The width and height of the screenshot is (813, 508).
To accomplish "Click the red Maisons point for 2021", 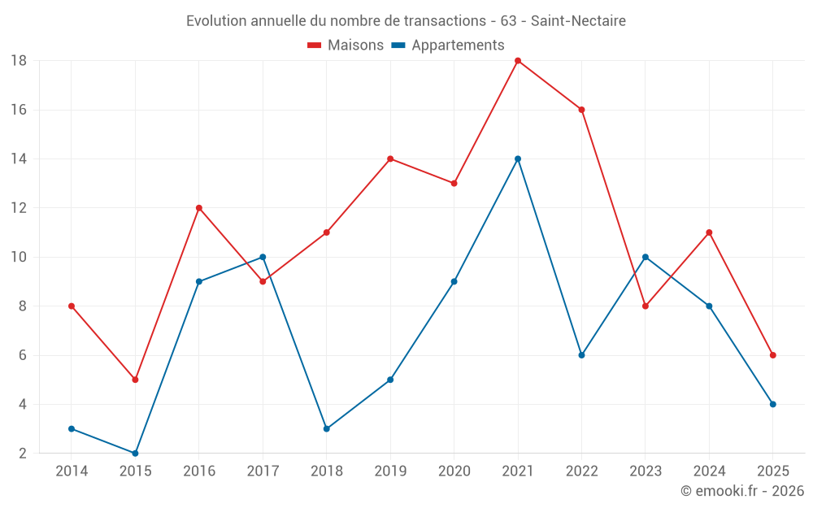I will click(518, 61).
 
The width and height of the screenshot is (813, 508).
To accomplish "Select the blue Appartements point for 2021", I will click(518, 159).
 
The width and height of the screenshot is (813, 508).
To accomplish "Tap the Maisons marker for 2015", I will click(135, 380).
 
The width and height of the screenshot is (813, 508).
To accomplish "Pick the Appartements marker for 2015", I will click(135, 453).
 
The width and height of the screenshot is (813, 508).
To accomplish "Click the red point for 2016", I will click(199, 208).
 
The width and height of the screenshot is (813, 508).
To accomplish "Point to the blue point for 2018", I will click(327, 428).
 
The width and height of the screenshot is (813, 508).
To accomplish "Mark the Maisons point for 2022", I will click(581, 110).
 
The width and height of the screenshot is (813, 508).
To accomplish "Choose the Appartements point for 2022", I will click(581, 355).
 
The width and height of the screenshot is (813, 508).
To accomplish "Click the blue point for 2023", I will click(646, 257).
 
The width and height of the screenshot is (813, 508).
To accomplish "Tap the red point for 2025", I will click(773, 355).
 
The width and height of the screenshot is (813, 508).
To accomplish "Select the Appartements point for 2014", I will click(72, 428).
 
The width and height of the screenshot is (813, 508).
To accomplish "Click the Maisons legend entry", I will click(346, 46).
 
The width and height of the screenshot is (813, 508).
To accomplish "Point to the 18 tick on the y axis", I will click(19, 61).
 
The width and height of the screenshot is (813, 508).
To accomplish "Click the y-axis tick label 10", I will click(19, 257).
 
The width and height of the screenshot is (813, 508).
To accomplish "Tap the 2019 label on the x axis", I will click(390, 471).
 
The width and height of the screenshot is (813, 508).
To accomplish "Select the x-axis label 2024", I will click(709, 471).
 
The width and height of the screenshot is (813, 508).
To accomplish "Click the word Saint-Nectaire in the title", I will click(578, 21).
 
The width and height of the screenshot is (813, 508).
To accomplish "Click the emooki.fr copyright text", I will click(742, 491).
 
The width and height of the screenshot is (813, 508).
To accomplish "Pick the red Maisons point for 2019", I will click(390, 159).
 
